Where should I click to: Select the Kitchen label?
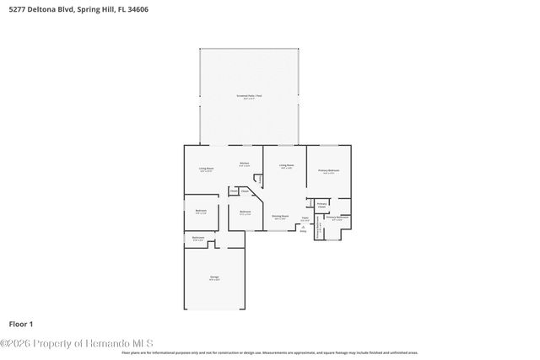tap(244, 164)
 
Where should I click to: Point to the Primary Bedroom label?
tap(328, 171)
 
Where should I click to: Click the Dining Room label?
tap(280, 217)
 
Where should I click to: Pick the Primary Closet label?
tap(322, 205)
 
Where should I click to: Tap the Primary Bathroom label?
tap(337, 218)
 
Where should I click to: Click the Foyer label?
tap(305, 219)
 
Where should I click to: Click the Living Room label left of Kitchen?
tap(206, 169)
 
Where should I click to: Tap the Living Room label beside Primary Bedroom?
tap(287, 166)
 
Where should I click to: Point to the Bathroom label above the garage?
tap(197, 239)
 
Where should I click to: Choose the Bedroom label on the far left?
tap(201, 211)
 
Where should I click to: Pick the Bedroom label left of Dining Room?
tap(245, 212)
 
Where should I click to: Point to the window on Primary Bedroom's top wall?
tap(329, 145)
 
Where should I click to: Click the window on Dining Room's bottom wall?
tap(280, 230)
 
